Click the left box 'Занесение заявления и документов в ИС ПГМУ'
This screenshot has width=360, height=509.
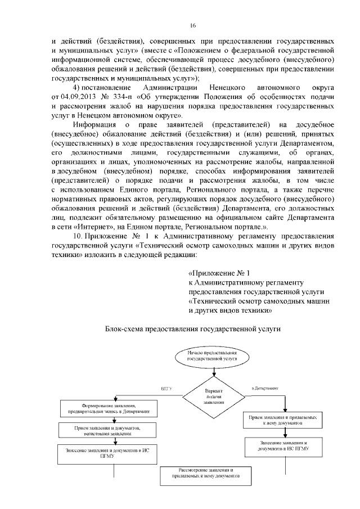[107, 453]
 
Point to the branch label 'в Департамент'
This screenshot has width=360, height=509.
[264, 388]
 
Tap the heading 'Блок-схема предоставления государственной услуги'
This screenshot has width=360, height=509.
[192, 328]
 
